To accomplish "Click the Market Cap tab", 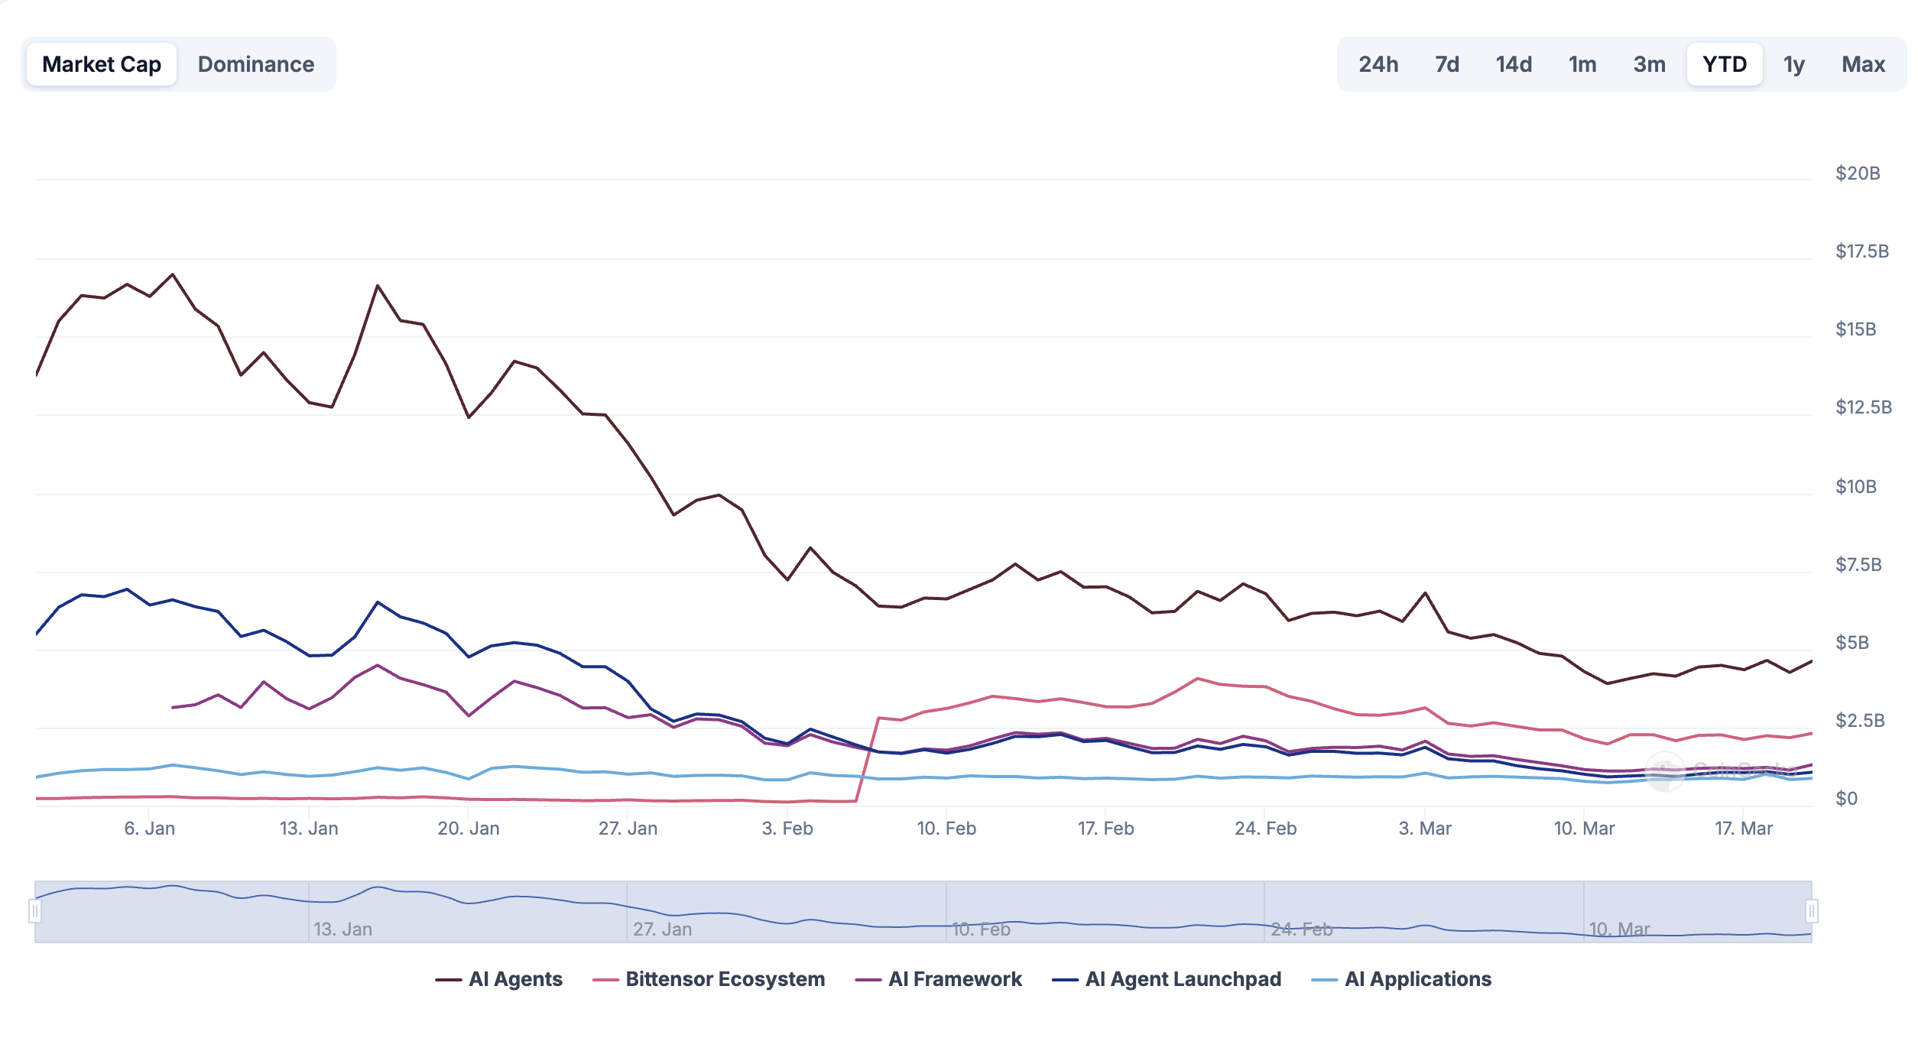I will (x=102, y=64).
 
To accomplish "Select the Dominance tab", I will (x=256, y=64).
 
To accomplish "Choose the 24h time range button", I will (x=1378, y=64).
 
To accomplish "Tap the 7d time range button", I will (x=1446, y=64).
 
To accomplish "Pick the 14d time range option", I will (x=1514, y=64).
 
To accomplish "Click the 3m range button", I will (x=1649, y=64).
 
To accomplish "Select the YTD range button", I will (x=1725, y=64).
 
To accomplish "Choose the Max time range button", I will (x=1863, y=64).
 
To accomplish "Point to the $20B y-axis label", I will (x=1858, y=174).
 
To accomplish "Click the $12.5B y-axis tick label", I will (x=1863, y=407).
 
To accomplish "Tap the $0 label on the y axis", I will (x=1846, y=799).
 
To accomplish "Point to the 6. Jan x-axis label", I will (x=150, y=829).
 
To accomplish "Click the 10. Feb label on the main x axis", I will (x=946, y=829).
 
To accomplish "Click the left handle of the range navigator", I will (x=35, y=911).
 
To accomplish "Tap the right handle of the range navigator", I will (x=1811, y=911).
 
